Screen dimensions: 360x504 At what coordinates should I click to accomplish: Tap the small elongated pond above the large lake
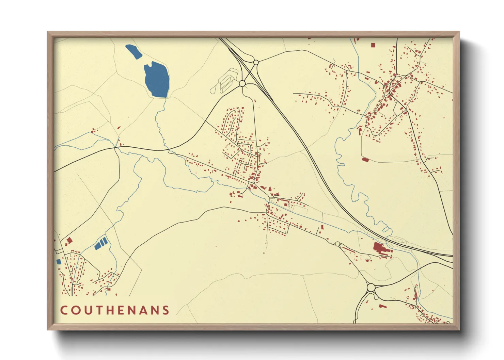tap(134, 52)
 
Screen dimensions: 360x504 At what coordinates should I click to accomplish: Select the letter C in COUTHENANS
tap(64, 310)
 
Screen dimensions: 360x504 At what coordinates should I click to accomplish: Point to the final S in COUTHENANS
tap(166, 310)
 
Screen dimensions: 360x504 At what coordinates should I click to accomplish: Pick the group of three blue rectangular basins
tap(101, 243)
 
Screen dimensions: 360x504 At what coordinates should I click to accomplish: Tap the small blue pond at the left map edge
tap(59, 261)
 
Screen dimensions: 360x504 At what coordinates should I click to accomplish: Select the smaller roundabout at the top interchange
tap(256, 62)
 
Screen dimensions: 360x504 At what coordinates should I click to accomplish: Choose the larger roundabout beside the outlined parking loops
tap(242, 83)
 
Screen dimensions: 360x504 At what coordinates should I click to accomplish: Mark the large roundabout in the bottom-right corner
tap(371, 288)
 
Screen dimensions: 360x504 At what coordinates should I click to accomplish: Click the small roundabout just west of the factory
tap(337, 244)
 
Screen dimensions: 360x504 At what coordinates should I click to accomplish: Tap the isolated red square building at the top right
tap(373, 45)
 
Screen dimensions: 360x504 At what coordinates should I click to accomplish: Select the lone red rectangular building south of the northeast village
tap(365, 159)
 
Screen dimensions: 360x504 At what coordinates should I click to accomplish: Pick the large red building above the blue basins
tap(69, 241)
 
